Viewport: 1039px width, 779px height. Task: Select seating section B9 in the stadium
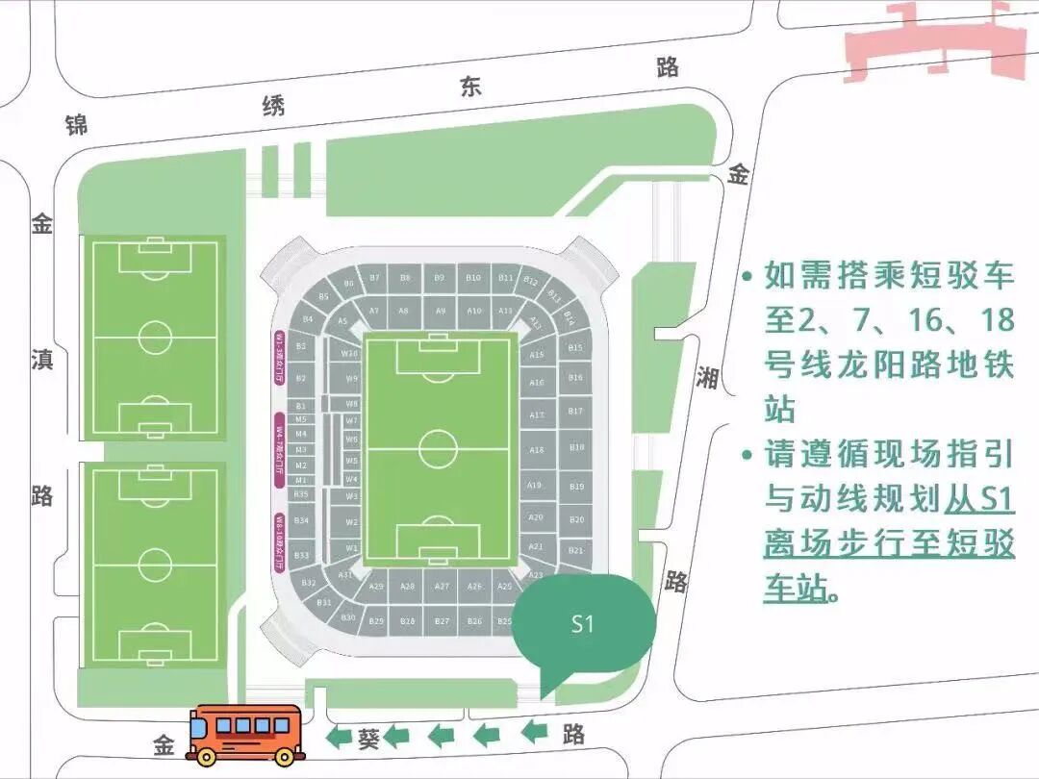439,278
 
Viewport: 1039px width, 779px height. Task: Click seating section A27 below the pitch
442,586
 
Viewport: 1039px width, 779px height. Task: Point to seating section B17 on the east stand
575,411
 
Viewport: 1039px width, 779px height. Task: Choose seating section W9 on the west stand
351,378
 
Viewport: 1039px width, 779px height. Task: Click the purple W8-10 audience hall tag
280,542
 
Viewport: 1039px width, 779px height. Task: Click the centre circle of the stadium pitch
438,449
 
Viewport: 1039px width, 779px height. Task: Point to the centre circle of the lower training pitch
155,565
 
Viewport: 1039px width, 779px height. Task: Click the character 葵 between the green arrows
369,739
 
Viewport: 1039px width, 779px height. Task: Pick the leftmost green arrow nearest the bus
339,738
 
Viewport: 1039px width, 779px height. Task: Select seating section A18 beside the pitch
537,450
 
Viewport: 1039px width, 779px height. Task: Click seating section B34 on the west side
301,520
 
